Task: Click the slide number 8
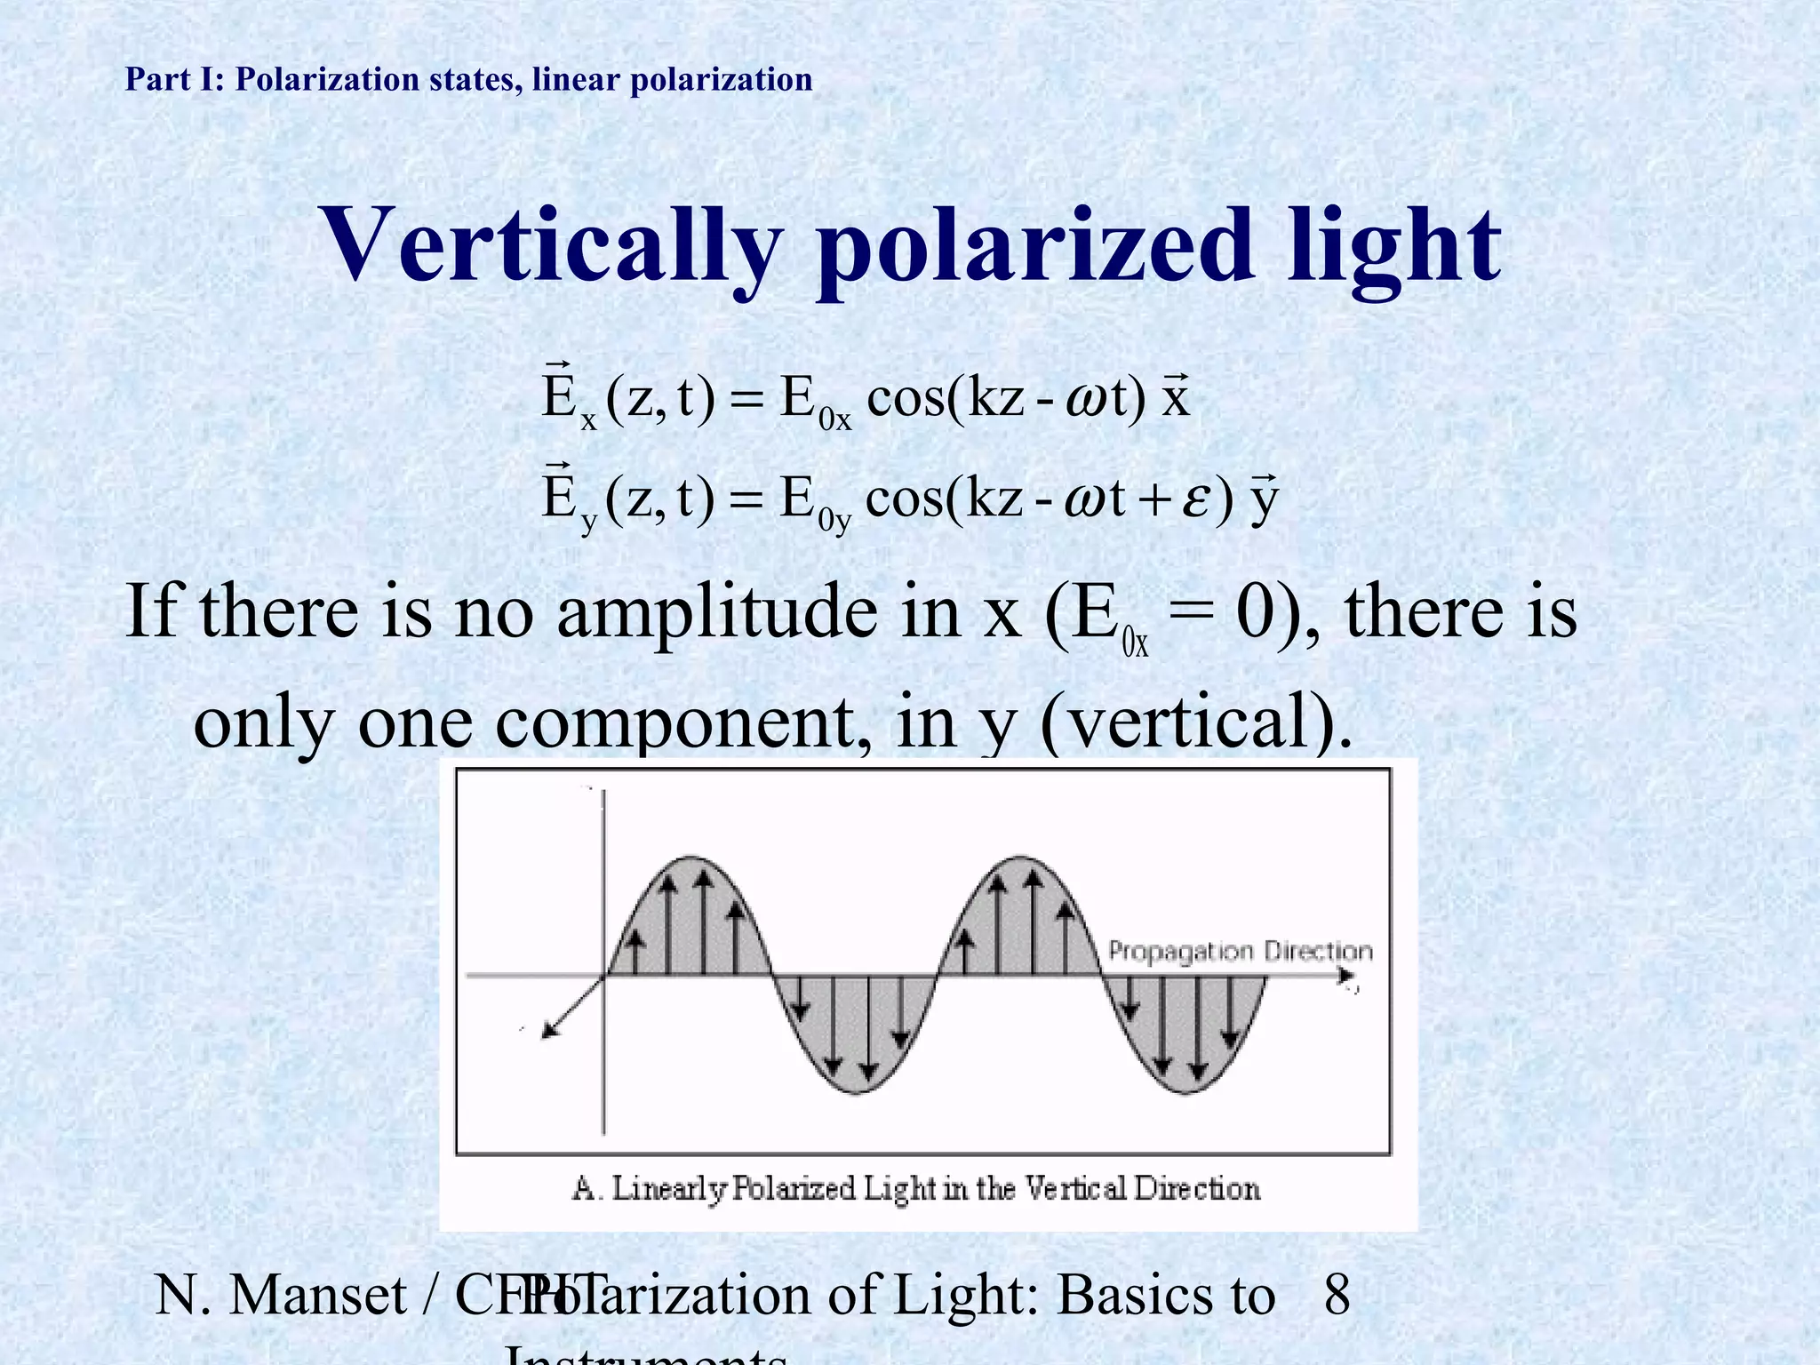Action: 1337,1294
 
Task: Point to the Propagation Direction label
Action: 1240,952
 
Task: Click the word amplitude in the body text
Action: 716,613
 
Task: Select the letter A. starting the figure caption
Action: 585,1188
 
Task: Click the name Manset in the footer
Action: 317,1294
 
